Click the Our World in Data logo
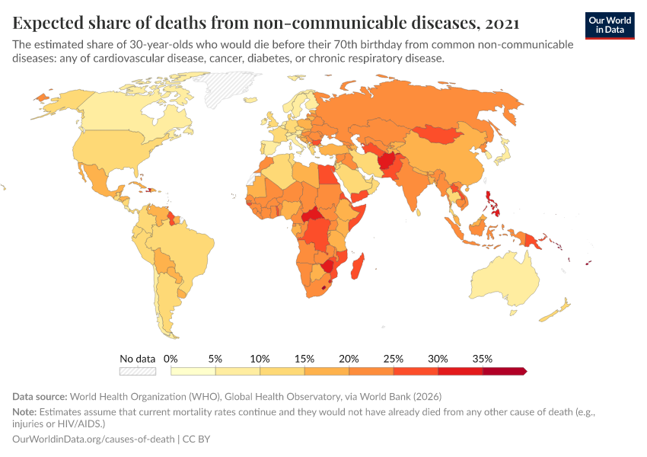[x=610, y=25]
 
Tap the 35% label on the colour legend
[x=482, y=358]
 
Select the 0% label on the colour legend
[x=171, y=358]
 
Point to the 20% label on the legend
[x=349, y=358]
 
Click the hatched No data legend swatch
[x=137, y=371]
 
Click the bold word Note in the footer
[x=25, y=410]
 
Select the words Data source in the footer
[x=40, y=397]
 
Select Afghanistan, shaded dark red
[x=387, y=161]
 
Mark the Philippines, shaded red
[x=496, y=202]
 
